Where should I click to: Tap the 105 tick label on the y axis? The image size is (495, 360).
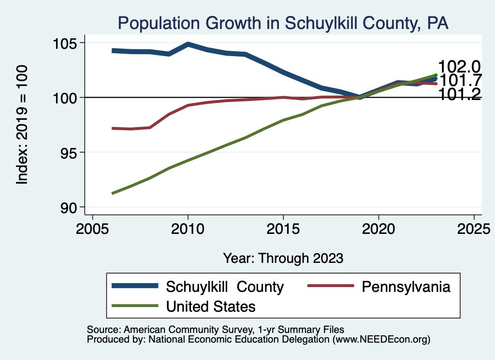[x=64, y=43]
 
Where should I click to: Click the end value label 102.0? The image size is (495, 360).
[x=459, y=67]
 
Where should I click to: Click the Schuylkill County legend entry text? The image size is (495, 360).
[x=225, y=287]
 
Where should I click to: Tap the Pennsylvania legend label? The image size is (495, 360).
[x=406, y=287]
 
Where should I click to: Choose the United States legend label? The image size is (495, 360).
[x=211, y=306]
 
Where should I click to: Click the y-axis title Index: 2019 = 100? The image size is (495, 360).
[x=22, y=125]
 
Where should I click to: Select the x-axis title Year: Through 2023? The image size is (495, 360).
[x=283, y=258]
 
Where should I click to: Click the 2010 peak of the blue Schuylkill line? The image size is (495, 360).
[x=188, y=44]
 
